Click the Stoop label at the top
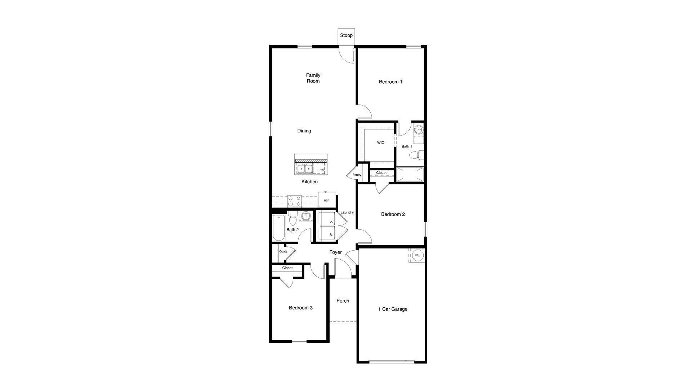[346, 36]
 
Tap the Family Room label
[313, 78]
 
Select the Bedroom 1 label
[391, 82]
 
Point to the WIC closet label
[380, 143]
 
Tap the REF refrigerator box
[326, 200]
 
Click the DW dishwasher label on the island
[321, 170]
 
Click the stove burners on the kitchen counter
[294, 201]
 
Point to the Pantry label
[357, 175]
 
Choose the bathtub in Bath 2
[279, 228]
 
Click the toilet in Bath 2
[292, 219]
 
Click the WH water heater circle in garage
[417, 255]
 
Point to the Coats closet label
[283, 251]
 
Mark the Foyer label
[335, 252]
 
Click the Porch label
[343, 301]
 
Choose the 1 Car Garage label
[393, 309]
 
